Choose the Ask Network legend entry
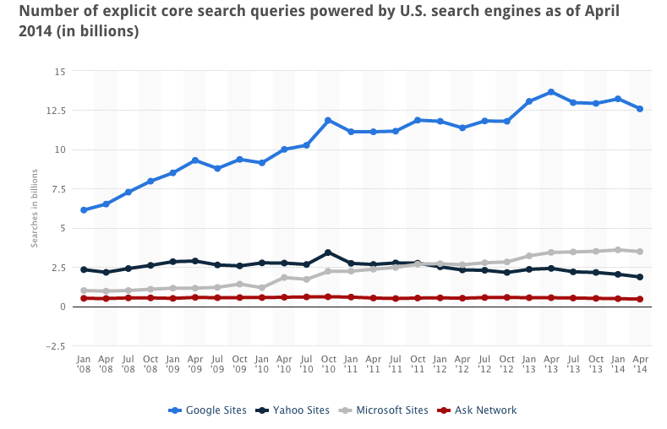tap(478, 410)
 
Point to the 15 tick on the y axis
tap(59, 71)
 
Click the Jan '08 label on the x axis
tap(84, 363)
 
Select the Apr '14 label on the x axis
tap(640, 363)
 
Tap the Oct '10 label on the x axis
tap(328, 363)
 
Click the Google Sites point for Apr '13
tap(551, 91)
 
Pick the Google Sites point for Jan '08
tap(84, 210)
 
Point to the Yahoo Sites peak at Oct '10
tap(328, 253)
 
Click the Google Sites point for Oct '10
tap(328, 120)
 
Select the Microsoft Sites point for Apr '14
tap(640, 252)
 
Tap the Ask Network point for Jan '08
tap(84, 298)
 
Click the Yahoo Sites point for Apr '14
tap(640, 277)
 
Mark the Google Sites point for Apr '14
tap(640, 109)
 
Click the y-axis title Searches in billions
tap(36, 209)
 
